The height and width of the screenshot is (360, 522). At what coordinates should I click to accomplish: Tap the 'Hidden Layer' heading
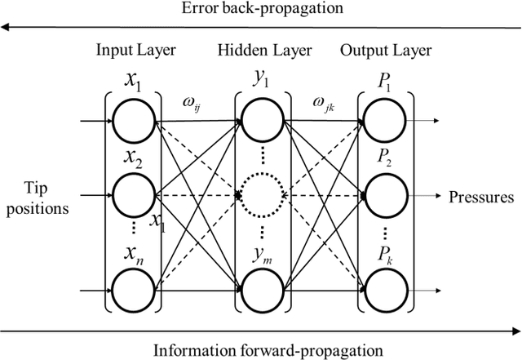pos(264,51)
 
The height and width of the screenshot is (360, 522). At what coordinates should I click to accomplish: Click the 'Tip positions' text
pos(35,196)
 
